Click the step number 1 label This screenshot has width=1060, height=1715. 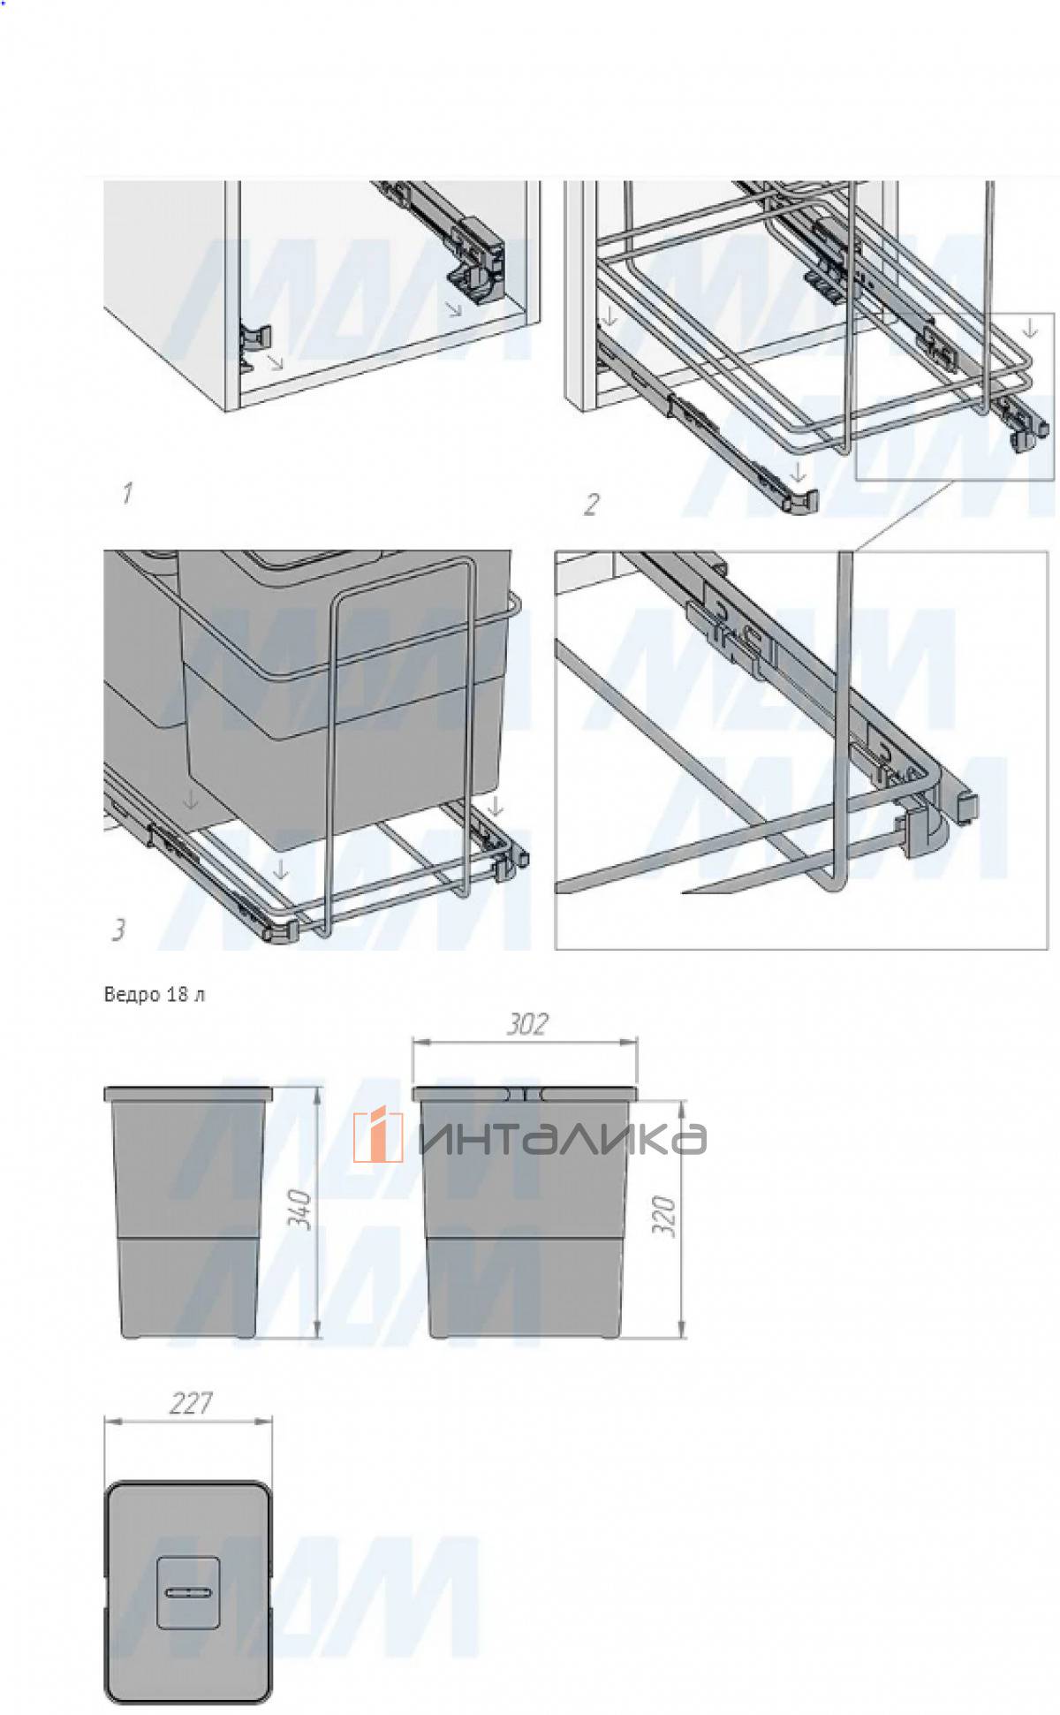click(127, 493)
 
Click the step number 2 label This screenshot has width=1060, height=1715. click(591, 505)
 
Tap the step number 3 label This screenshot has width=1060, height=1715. click(118, 930)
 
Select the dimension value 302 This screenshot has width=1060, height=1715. click(526, 1024)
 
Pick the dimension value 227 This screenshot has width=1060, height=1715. click(189, 1403)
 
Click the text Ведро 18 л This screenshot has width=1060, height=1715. click(155, 995)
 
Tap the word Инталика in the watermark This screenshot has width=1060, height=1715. click(562, 1138)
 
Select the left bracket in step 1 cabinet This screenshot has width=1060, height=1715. click(253, 340)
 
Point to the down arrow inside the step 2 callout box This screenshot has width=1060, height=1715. click(1028, 330)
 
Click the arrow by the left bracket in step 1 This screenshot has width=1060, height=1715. click(276, 360)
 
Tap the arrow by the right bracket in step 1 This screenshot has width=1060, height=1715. click(453, 308)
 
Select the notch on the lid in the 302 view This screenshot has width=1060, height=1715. click(526, 1093)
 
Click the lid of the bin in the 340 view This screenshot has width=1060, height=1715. click(188, 1094)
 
